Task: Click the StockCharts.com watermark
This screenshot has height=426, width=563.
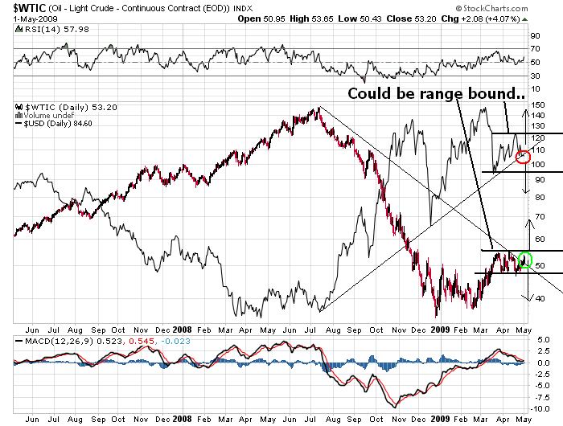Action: point(491,8)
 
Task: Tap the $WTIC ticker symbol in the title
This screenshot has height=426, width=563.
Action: point(30,7)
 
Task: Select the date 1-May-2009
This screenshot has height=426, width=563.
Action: point(35,18)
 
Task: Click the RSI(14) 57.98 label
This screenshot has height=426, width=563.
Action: point(56,30)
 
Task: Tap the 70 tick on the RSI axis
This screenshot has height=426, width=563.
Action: point(535,48)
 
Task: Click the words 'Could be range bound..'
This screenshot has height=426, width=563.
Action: point(436,93)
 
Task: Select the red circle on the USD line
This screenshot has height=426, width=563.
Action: point(523,157)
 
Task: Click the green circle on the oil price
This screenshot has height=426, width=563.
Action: point(525,260)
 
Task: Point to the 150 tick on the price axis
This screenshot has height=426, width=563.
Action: point(537,104)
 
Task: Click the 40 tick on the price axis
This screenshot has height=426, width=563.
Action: point(540,298)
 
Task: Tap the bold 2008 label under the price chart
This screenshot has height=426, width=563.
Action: point(182,330)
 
